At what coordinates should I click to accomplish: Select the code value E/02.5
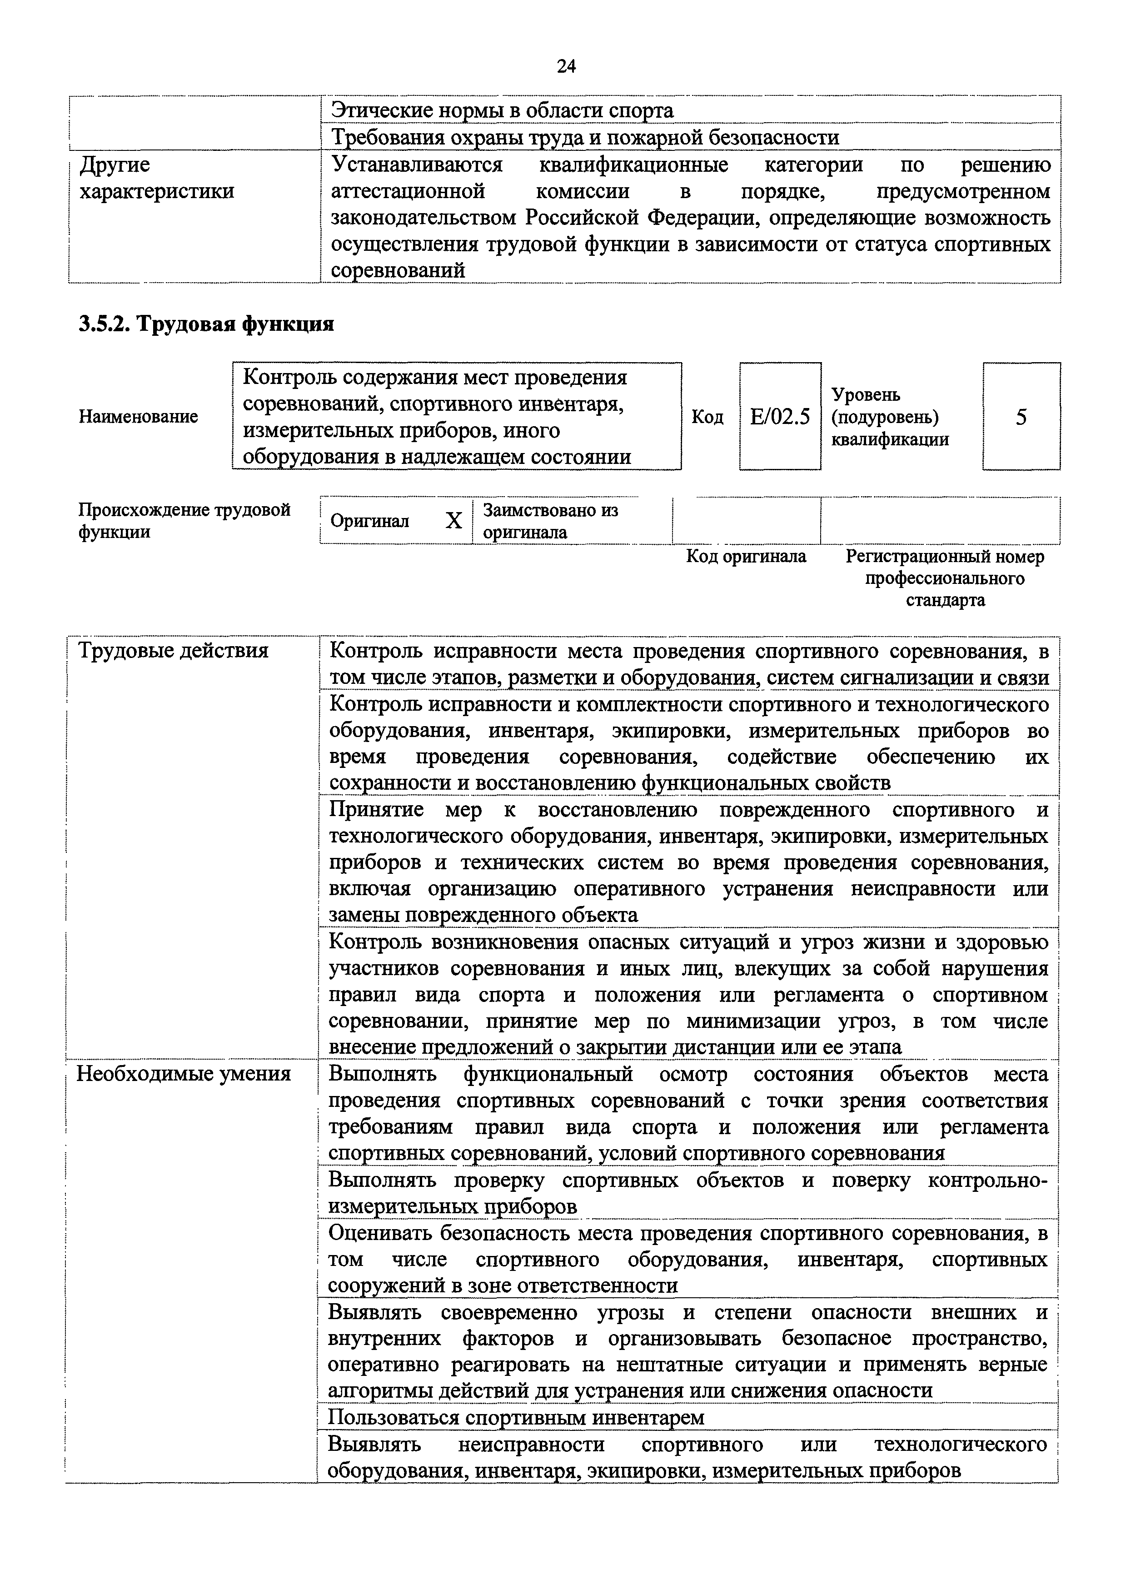[x=780, y=417]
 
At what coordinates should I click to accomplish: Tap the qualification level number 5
[x=1021, y=417]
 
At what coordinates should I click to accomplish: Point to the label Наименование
[x=138, y=417]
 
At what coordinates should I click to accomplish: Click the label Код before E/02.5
[x=707, y=417]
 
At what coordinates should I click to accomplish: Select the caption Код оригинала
[x=746, y=556]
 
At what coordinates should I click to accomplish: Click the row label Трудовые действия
[x=173, y=651]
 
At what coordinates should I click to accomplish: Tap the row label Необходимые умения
[x=183, y=1074]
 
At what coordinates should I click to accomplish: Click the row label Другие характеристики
[x=157, y=178]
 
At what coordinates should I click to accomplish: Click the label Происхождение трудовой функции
[x=184, y=521]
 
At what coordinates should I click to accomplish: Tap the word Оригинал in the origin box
[x=369, y=521]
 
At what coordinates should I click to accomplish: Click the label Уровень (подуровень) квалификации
[x=890, y=417]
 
